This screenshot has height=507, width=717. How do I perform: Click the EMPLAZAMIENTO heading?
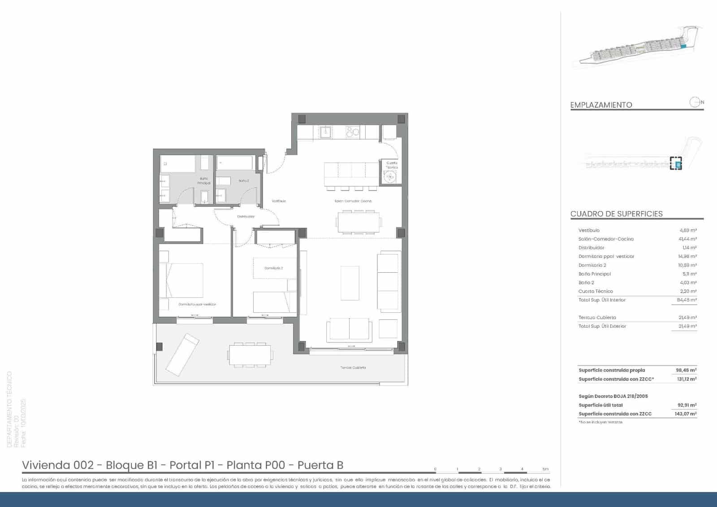[x=601, y=105]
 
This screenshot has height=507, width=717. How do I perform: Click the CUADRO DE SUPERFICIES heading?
[x=616, y=214]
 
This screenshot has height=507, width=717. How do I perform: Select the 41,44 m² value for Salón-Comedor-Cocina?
[x=687, y=239]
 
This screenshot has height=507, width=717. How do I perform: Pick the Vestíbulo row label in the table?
[x=589, y=230]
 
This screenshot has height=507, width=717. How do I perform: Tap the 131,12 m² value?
[x=687, y=379]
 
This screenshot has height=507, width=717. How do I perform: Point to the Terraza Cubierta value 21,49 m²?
[x=687, y=318]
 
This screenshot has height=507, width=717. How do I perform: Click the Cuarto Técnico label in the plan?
[x=392, y=165]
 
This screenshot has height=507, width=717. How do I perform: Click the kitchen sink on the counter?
[x=325, y=131]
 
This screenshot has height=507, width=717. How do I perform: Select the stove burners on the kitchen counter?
[x=353, y=132]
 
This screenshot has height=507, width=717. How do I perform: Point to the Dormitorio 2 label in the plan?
[x=273, y=268]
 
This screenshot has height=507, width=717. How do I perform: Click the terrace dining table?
[x=250, y=355]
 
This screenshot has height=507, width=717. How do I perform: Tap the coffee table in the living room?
[x=350, y=283]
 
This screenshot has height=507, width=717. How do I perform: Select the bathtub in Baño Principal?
[x=177, y=164]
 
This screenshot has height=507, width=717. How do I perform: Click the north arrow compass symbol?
[x=695, y=102]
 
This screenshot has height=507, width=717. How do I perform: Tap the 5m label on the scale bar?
[x=545, y=469]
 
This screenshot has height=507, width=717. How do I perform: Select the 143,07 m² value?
[x=686, y=414]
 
